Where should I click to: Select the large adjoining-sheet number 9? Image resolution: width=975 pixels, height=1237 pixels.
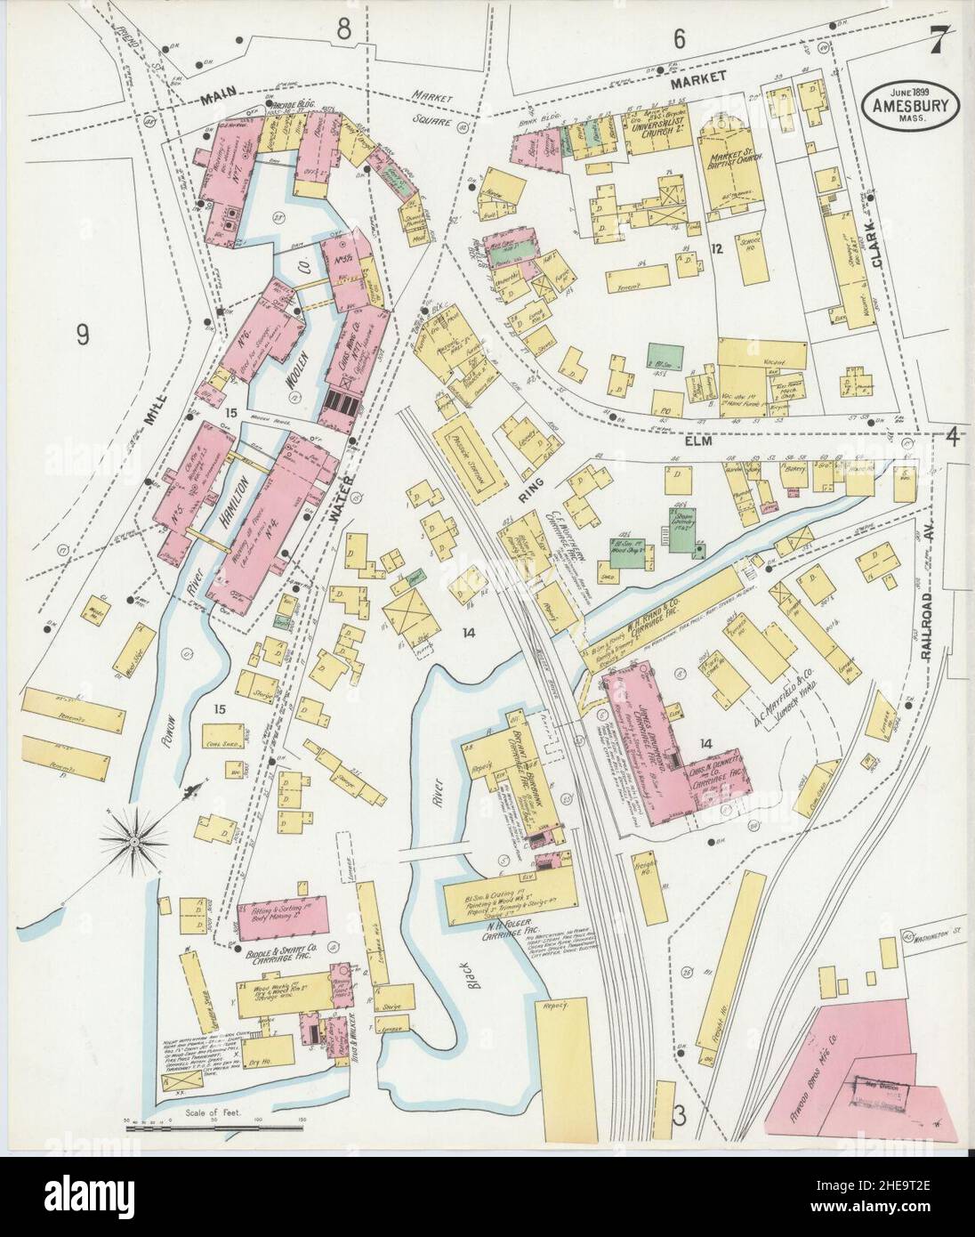pyautogui.click(x=82, y=335)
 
